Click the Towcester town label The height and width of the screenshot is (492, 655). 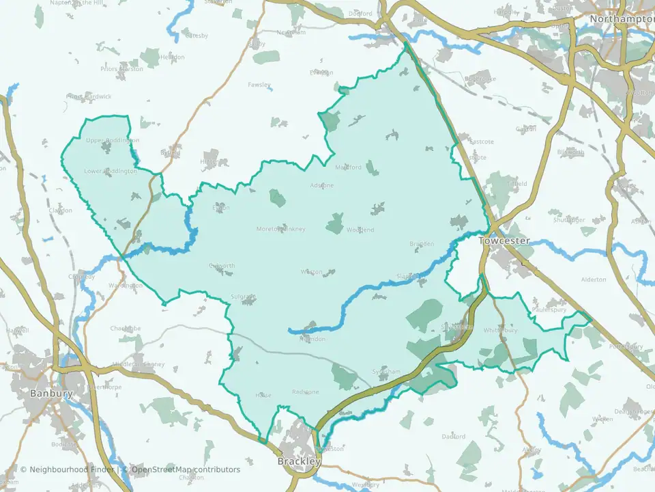[504, 241]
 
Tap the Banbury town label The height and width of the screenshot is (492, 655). [51, 394]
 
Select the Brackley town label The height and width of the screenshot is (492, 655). [299, 462]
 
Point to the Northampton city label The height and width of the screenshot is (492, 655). [622, 19]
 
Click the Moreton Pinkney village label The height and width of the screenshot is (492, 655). [280, 228]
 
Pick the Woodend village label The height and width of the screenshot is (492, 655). [360, 230]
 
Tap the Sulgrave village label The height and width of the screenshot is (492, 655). [243, 297]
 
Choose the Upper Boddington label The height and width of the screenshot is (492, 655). [113, 140]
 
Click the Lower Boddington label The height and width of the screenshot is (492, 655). [110, 171]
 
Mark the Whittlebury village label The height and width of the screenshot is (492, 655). [501, 330]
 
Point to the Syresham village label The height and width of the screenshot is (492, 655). [386, 371]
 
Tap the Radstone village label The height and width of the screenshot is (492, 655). [305, 392]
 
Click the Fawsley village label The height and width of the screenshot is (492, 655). [259, 85]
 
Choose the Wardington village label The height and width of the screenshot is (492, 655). [125, 285]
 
